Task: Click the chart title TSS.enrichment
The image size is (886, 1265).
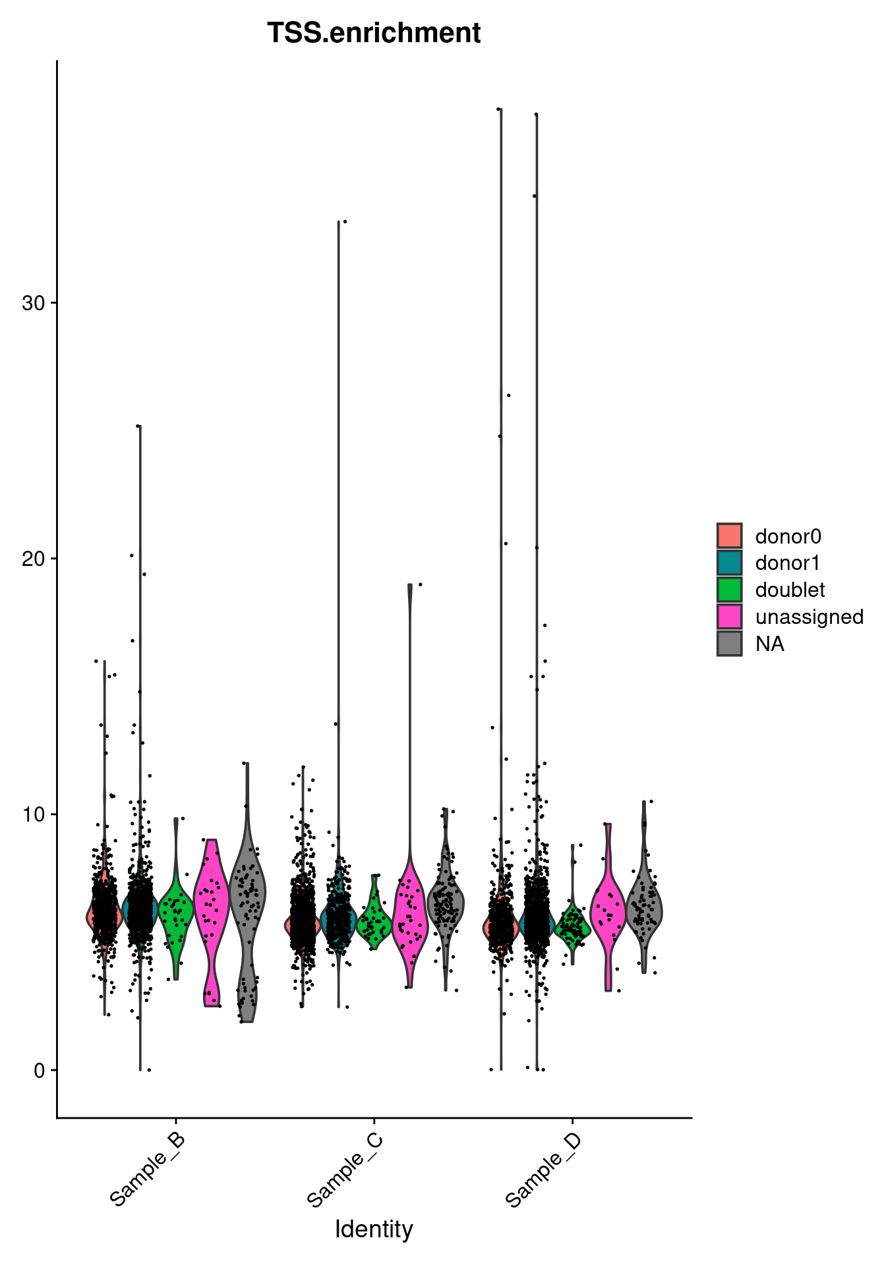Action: [374, 33]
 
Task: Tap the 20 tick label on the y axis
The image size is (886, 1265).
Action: [32, 559]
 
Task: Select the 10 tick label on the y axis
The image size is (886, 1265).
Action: [32, 814]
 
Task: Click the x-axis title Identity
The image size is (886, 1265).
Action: [374, 1229]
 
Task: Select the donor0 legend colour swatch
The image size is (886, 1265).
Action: [730, 536]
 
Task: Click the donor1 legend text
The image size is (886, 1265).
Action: [788, 563]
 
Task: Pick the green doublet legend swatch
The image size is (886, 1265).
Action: [730, 590]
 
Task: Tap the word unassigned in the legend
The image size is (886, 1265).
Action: [810, 617]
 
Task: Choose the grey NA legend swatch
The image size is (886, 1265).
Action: [730, 644]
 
